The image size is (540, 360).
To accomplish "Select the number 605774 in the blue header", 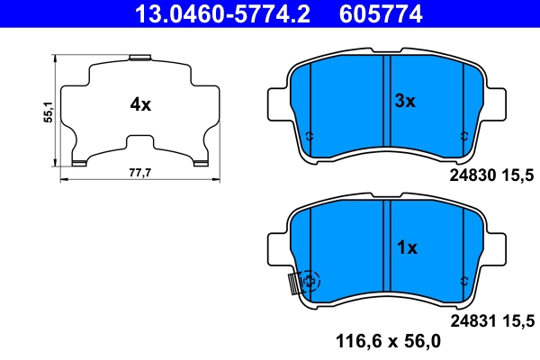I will [x=380, y=13].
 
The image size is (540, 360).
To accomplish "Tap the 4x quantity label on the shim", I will [x=139, y=104].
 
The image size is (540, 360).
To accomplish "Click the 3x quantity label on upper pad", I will [x=406, y=102].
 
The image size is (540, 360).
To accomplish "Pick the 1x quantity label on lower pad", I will [x=406, y=247].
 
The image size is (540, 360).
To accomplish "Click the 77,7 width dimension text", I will [x=139, y=171].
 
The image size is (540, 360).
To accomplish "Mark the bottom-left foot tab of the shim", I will [x=79, y=162].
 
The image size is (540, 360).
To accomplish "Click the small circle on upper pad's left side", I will [x=310, y=137].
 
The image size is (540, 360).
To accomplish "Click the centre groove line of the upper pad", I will [x=385, y=102].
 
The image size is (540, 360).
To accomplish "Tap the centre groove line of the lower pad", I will [x=385, y=247].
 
